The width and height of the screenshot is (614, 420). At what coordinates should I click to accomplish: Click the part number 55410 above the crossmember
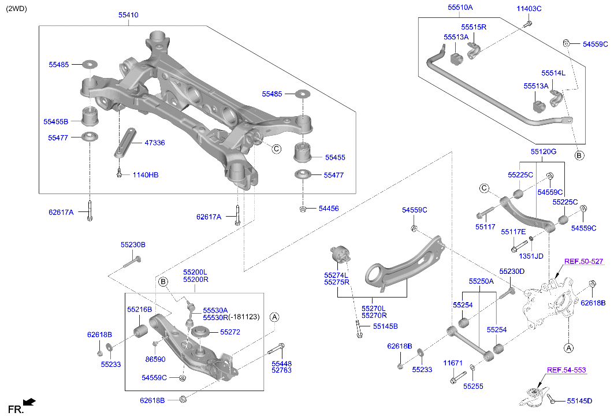(x=128, y=14)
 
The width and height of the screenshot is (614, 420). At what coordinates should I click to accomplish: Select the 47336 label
(x=154, y=142)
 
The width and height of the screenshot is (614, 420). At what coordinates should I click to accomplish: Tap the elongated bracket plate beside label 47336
(x=125, y=142)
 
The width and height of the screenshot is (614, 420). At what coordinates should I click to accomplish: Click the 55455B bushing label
(x=55, y=121)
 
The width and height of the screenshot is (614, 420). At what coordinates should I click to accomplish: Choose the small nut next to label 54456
(x=303, y=209)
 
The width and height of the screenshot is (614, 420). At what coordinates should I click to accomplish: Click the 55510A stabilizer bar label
(x=460, y=8)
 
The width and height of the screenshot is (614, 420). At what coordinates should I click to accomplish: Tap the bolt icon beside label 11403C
(x=528, y=24)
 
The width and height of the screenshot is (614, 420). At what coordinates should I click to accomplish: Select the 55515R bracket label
(x=474, y=27)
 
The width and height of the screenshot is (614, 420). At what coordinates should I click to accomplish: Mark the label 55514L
(x=553, y=73)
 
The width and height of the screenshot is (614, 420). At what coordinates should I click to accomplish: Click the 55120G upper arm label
(x=544, y=151)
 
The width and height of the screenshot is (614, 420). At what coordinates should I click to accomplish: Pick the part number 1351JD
(x=531, y=256)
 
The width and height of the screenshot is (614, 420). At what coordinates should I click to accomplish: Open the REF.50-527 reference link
(x=583, y=262)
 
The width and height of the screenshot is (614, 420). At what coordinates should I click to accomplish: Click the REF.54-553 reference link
(x=566, y=370)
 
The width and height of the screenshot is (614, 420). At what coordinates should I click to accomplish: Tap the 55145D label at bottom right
(x=579, y=400)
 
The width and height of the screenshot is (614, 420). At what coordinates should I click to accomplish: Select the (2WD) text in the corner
(x=16, y=8)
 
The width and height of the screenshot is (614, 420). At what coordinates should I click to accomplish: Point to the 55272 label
(x=230, y=332)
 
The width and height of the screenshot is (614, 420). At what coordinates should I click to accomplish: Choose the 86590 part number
(x=155, y=359)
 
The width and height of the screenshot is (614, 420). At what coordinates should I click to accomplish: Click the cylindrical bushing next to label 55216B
(x=140, y=331)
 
